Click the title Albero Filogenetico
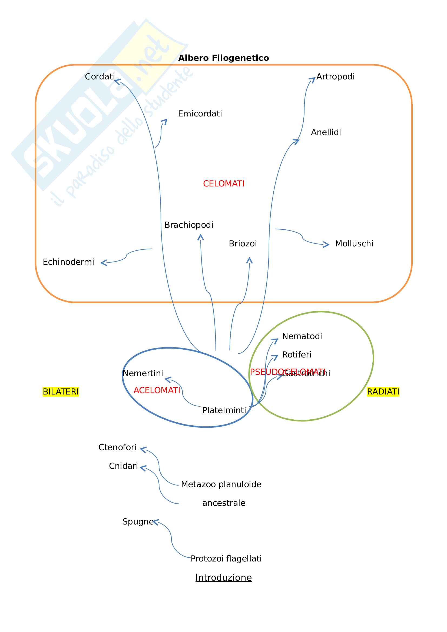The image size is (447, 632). (x=223, y=58)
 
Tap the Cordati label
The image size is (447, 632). (x=100, y=76)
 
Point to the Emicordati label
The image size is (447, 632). (x=200, y=114)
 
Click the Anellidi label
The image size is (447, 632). (x=326, y=132)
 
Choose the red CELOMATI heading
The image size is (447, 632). (x=223, y=183)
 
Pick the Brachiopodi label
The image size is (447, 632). (x=189, y=225)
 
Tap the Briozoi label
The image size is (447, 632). (x=243, y=244)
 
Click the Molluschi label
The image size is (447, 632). (x=354, y=244)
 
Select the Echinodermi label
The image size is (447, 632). (x=68, y=262)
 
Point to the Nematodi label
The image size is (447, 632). (x=302, y=336)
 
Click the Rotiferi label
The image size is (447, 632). (x=297, y=355)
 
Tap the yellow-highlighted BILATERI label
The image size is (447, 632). (x=61, y=392)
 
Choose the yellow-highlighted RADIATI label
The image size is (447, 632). (x=383, y=392)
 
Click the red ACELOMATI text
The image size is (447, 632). (x=157, y=390)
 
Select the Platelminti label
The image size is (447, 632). (x=224, y=410)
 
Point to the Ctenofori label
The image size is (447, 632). (x=117, y=447)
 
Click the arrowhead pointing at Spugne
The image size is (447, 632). (x=155, y=522)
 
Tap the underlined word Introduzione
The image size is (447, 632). (x=223, y=577)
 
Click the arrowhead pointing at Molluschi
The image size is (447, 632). (x=327, y=245)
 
